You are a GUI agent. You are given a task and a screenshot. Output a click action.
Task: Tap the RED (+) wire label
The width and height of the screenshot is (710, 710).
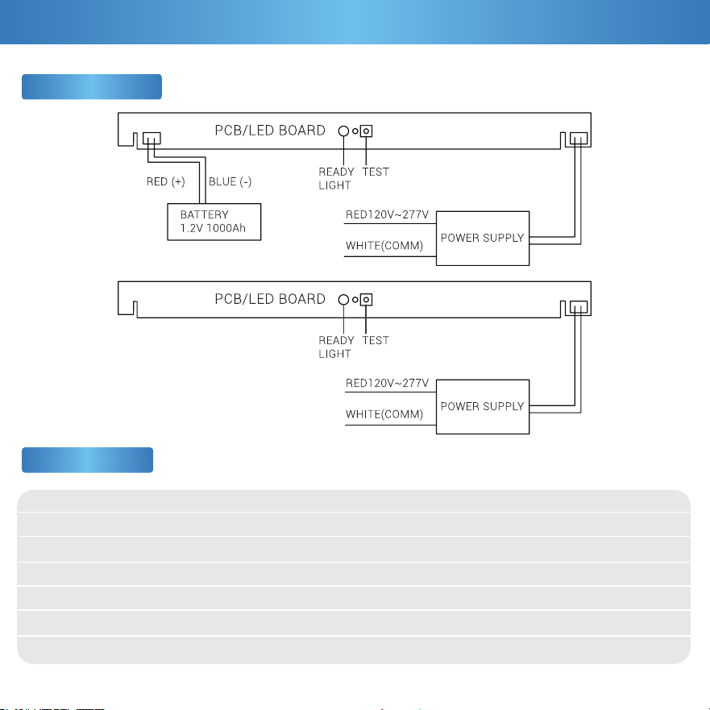click(x=166, y=181)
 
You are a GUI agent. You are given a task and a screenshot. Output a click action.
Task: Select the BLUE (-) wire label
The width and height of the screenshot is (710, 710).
click(x=230, y=181)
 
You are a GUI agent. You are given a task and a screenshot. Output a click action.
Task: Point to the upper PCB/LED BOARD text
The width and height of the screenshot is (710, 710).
click(x=270, y=131)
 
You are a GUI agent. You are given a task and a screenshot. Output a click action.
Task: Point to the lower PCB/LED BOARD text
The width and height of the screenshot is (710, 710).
click(x=270, y=299)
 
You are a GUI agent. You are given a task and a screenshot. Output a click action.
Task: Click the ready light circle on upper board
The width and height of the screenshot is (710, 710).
click(x=343, y=131)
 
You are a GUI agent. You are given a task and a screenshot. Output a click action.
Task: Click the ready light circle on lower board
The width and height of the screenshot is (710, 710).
click(x=343, y=300)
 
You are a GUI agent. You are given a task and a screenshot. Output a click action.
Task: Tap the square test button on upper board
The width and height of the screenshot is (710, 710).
click(x=367, y=131)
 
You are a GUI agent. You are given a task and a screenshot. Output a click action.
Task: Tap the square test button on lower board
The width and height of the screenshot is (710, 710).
click(x=367, y=300)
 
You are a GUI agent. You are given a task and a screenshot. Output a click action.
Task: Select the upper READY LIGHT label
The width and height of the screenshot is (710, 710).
click(x=336, y=178)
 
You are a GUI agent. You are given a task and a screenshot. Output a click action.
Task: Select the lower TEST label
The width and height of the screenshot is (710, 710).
click(x=376, y=341)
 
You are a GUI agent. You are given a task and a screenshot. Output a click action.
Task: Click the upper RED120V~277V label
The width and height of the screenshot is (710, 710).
click(x=387, y=214)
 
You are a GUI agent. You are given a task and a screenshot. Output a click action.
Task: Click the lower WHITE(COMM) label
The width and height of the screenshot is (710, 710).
click(x=384, y=414)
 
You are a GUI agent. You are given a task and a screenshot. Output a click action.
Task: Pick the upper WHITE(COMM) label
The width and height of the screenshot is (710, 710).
click(x=384, y=246)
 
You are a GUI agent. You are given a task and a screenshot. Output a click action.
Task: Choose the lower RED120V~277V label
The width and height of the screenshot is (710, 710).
click(x=387, y=383)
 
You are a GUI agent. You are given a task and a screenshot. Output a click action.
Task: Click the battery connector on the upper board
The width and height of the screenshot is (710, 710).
click(x=152, y=138)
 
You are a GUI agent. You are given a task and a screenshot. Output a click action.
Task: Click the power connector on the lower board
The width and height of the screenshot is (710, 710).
click(x=579, y=307)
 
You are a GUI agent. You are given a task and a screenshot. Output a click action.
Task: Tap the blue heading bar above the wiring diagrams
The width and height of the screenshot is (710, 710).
click(x=92, y=86)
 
